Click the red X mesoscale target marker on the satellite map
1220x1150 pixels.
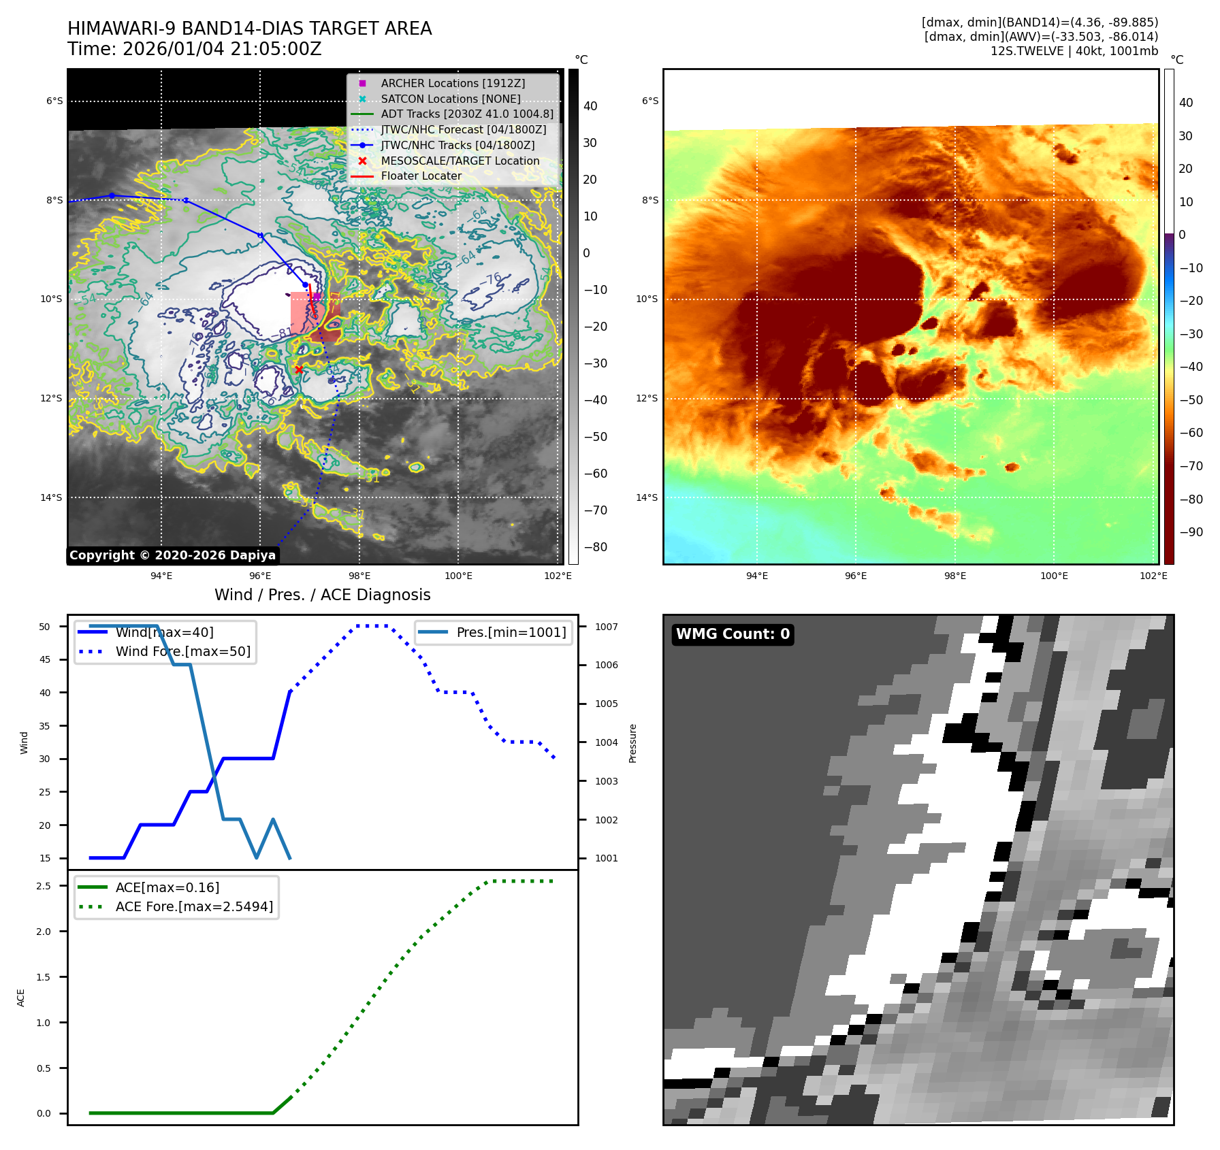298,369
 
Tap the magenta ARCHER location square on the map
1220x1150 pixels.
317,297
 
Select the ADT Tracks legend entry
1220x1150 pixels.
466,114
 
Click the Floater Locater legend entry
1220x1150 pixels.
421,176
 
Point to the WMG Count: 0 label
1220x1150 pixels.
733,634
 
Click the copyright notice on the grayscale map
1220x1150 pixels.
172,555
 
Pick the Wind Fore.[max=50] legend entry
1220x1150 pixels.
182,652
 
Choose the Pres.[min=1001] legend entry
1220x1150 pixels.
511,633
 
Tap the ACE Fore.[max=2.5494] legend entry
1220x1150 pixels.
194,907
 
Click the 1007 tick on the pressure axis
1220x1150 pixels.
606,627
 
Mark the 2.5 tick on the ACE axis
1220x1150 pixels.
44,886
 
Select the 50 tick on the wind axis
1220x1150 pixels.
45,627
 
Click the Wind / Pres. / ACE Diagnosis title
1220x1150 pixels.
322,595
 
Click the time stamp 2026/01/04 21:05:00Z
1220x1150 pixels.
222,50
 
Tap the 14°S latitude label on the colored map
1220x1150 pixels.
647,497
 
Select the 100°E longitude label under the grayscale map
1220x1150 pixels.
458,576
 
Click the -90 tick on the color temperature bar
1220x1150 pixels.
1191,532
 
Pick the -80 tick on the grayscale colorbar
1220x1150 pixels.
595,547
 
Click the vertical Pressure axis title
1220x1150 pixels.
633,743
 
